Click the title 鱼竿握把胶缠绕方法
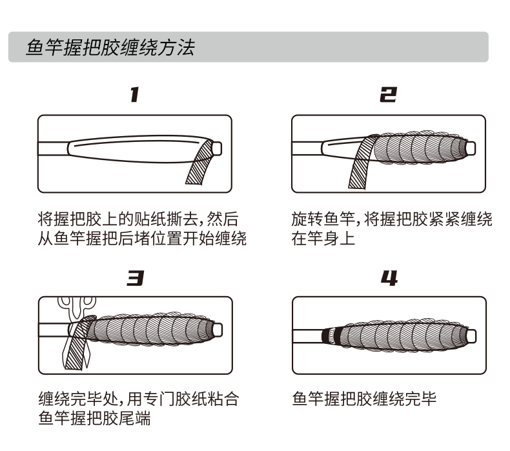tap(110, 48)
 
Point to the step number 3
tap(134, 278)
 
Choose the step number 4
tap(388, 278)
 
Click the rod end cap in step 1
tap(217, 148)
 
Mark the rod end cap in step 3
tap(218, 330)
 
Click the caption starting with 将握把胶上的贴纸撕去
tap(141, 220)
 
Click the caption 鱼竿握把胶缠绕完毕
tap(364, 399)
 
